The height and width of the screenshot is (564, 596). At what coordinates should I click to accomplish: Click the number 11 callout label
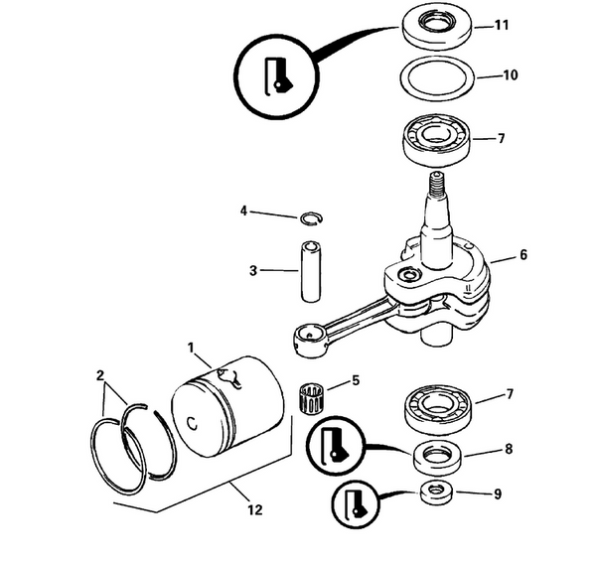[502, 24]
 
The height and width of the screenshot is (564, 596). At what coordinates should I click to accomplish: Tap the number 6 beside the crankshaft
[522, 255]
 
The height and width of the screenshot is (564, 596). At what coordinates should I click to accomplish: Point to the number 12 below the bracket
[254, 510]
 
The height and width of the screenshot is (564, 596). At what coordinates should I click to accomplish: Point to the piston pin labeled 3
[310, 269]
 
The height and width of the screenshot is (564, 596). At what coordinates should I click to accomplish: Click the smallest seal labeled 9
[434, 492]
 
